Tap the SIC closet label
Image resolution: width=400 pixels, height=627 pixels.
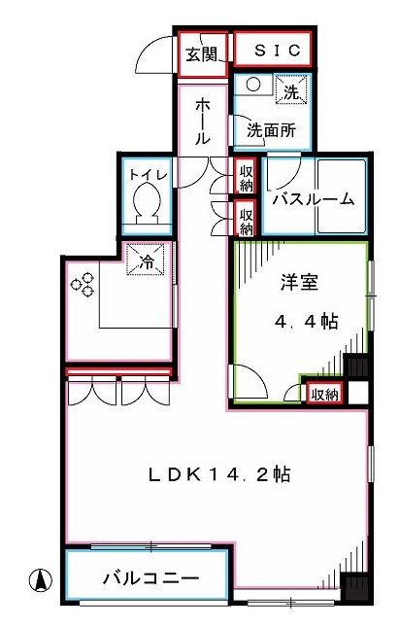271,50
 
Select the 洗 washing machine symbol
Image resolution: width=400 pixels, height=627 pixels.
290,90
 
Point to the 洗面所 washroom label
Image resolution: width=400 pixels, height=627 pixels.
271,129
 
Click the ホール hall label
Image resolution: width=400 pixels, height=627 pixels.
204,121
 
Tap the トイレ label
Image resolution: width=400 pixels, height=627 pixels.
149,175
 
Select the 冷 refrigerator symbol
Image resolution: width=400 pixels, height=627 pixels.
147,261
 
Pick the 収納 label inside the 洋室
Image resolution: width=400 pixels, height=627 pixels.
323,394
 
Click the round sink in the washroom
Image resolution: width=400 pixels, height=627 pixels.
251,85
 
